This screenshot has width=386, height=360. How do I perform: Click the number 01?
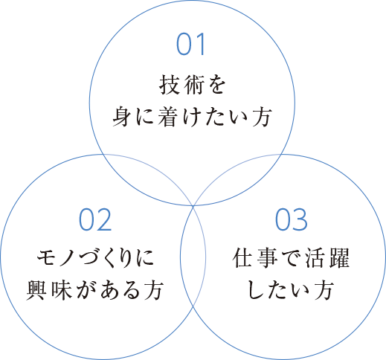point(190,44)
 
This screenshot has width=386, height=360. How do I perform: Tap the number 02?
point(95,220)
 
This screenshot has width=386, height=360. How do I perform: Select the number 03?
point(292,220)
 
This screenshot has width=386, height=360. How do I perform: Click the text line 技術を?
point(192,85)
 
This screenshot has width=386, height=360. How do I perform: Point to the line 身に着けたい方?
point(192,117)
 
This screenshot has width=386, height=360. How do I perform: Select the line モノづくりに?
point(95,258)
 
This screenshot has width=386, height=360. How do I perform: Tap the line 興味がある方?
point(95,290)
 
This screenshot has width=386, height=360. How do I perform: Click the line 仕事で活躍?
point(291,258)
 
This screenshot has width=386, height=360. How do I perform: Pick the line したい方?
point(291,290)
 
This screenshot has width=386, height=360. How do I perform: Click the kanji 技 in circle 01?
point(170,85)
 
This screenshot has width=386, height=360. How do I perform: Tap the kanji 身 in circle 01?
point(123,117)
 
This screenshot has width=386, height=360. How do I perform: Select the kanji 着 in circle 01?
point(169,117)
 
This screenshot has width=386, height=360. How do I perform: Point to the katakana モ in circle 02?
point(47,258)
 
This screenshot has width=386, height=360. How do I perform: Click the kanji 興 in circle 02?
point(36,290)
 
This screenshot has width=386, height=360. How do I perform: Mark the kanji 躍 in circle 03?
point(339,258)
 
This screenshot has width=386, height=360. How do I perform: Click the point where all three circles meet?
point(193,205)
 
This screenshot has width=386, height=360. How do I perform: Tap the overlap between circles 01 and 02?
point(149,179)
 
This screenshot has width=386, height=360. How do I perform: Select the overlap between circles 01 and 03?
point(237,179)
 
